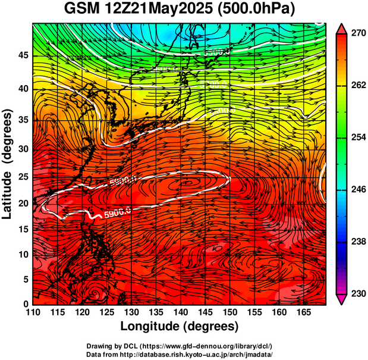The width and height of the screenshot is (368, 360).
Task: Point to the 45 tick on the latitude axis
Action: coord(23,55)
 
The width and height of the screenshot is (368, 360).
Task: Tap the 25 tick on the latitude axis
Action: coord(23,179)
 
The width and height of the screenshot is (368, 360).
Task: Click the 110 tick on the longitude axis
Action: coord(33,313)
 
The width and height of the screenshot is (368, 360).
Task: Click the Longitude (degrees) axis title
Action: coord(180,326)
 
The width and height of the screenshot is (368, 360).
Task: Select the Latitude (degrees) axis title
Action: coord(8,164)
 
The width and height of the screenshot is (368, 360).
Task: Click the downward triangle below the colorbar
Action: coord(342,299)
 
